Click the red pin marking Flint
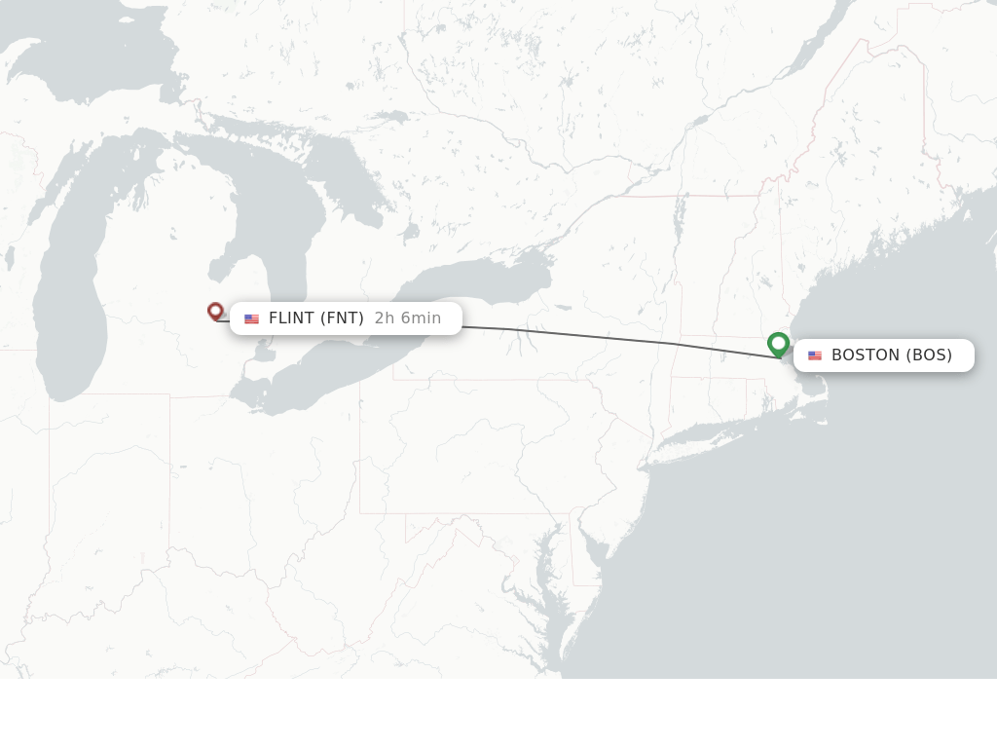click(215, 311)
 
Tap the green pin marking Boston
click(778, 344)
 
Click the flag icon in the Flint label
click(251, 318)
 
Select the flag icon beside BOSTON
click(815, 355)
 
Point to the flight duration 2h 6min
click(408, 318)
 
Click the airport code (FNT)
click(342, 318)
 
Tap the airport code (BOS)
click(929, 355)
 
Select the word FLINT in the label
click(291, 318)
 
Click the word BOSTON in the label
click(866, 355)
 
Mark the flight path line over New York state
click(584, 335)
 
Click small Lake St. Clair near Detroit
click(260, 355)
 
